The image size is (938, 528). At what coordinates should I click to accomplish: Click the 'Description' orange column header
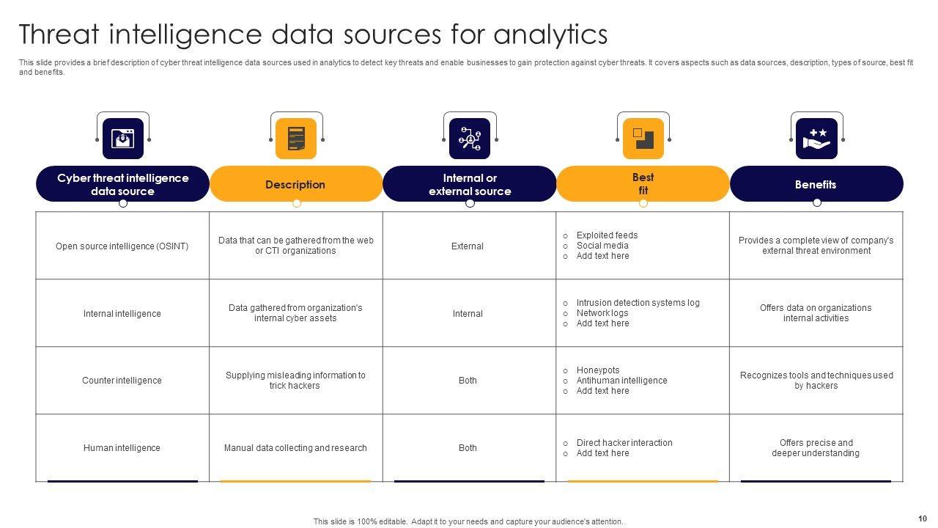coord(295,185)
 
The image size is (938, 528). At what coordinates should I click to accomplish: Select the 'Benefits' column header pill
coord(816,185)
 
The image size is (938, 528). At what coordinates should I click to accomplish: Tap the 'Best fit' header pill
coord(643,184)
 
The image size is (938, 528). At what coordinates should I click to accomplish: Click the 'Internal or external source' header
coord(470,185)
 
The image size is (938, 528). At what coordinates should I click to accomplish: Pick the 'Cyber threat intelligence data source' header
coord(123,185)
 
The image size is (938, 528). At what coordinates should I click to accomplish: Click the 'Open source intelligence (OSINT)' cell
coord(122,246)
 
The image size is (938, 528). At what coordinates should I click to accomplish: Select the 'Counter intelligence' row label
coord(122,381)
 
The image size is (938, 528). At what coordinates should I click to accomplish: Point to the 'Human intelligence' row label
coord(122,448)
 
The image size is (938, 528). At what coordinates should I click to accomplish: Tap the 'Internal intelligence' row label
coord(122,314)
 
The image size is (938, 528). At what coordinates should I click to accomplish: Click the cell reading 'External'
coord(468,246)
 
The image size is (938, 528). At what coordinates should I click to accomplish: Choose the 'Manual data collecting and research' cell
coord(295,448)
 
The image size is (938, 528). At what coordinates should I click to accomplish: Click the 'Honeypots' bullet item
coord(598,370)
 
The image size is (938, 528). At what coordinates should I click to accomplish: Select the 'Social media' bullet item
coord(602,246)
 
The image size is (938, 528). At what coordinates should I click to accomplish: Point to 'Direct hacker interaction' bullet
coord(624,443)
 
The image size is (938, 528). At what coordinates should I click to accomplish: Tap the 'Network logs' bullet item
coord(602,313)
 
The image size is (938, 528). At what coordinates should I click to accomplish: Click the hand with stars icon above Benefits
coord(816,139)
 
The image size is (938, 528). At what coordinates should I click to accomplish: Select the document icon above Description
coord(296,139)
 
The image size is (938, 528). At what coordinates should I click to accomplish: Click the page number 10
coord(922,518)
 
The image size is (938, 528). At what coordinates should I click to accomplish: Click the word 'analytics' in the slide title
coord(550,34)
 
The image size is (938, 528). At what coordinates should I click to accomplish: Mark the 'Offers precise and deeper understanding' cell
coord(816,448)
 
